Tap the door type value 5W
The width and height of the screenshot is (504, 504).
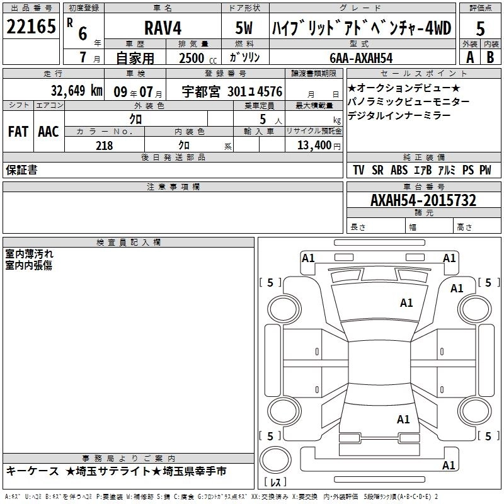244,28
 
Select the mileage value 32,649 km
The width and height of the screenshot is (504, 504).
62,91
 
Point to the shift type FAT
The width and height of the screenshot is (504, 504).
17,131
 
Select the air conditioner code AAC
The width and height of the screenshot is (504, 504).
48,131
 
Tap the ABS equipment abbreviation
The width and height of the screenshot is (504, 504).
398,170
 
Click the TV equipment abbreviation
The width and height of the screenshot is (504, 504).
358,170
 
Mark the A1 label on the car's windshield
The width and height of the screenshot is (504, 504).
406,303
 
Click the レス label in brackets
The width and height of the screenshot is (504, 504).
275,483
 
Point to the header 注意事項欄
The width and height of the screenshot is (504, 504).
173,187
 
